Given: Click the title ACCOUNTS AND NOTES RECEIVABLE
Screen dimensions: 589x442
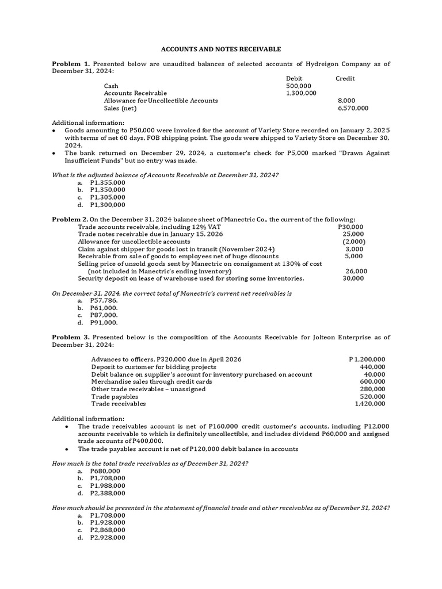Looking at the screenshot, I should [221, 49].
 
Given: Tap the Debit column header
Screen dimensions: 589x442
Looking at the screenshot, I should [294, 78].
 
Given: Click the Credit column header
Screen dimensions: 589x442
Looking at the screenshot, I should [345, 78].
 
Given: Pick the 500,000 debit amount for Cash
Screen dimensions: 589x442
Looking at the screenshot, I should [299, 86].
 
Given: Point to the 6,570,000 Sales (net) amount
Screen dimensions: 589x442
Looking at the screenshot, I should [353, 108].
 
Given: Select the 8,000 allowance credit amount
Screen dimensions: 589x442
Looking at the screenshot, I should [346, 101].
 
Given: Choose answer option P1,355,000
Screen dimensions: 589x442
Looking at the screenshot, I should [108, 182].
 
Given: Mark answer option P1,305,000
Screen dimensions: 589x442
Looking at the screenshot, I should [108, 197].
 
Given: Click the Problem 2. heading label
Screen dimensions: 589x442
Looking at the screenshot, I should [70, 220].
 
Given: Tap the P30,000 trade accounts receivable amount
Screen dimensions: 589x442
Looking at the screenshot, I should [351, 227].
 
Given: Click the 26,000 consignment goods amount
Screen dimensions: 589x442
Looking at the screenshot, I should [356, 271].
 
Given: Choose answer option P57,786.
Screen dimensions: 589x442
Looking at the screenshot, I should [104, 300].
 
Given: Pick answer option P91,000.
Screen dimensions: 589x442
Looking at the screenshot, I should [104, 322].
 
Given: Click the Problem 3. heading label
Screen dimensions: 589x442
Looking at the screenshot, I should [71, 337].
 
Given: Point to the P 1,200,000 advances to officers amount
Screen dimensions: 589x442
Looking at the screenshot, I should [367, 359].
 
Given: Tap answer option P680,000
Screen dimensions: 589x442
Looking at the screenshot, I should [105, 471].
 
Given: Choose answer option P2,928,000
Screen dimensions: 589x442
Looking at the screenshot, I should [108, 537].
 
